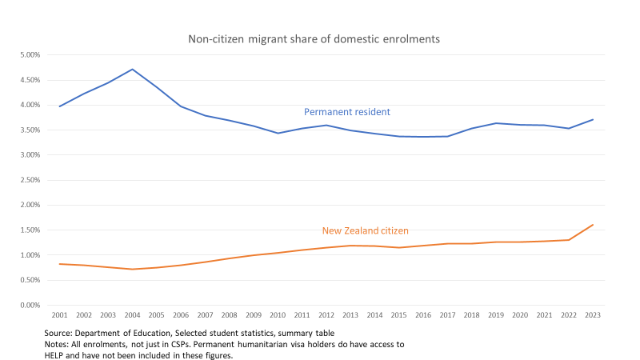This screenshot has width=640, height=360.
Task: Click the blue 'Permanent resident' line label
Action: pos(346,112)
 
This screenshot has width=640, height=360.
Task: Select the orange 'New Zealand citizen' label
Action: pos(365,230)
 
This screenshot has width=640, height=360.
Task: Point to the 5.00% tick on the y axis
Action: pos(29,55)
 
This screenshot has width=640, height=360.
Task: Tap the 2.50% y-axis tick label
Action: pos(29,180)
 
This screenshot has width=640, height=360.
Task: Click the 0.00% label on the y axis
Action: pos(29,305)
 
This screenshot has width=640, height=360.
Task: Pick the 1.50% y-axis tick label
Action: pos(29,230)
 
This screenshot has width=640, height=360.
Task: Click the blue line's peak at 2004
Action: pos(132,69)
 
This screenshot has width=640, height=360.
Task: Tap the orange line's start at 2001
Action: pos(59,264)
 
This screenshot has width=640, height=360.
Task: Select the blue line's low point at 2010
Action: pos(278,133)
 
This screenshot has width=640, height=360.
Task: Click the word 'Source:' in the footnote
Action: pos(59,332)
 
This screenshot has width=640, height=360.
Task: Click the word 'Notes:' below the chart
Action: pos(58,344)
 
